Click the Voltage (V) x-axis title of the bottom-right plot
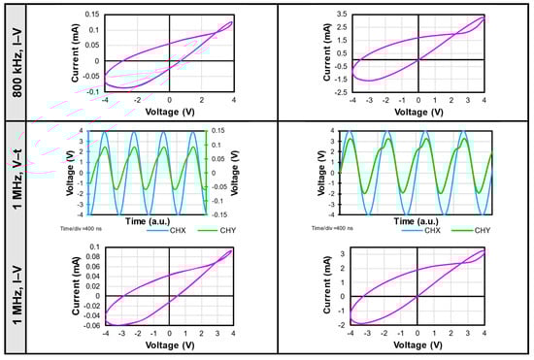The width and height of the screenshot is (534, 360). click(417, 344)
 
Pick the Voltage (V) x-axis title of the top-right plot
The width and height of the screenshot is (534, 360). click(417, 112)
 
